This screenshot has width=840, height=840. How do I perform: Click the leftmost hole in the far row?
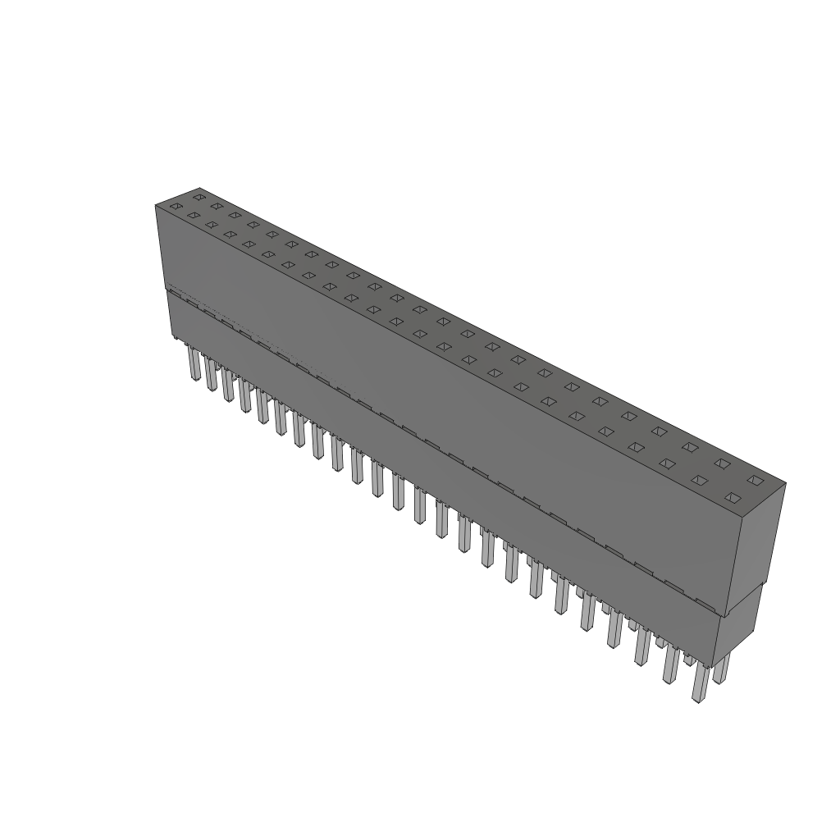pyautogui.click(x=199, y=197)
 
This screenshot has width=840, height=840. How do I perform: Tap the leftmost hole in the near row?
pyautogui.click(x=175, y=207)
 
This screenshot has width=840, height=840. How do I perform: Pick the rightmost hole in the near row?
pyautogui.click(x=733, y=497)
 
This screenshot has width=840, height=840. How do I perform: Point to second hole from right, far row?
pyautogui.click(x=722, y=463)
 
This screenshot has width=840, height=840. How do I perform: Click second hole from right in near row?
pyautogui.click(x=699, y=480)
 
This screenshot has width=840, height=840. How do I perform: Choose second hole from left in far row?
pyautogui.click(x=217, y=206)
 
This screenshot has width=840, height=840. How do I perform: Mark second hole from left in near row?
pyautogui.click(x=193, y=216)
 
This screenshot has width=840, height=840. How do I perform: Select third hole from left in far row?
pyautogui.click(x=235, y=215)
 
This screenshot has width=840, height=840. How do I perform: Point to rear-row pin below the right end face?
pyautogui.click(x=721, y=668)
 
